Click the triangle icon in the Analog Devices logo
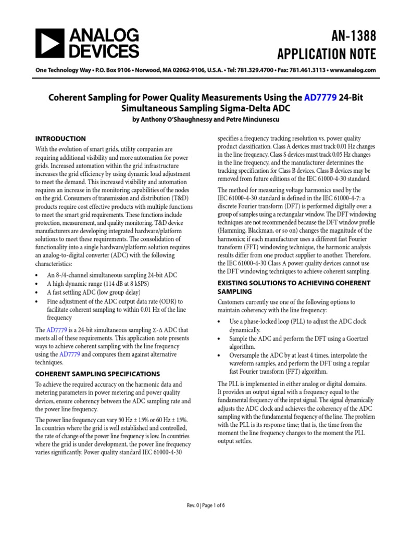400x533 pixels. [x=48, y=43]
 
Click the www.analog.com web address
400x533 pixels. [x=353, y=70]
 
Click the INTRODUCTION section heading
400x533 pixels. [x=60, y=138]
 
